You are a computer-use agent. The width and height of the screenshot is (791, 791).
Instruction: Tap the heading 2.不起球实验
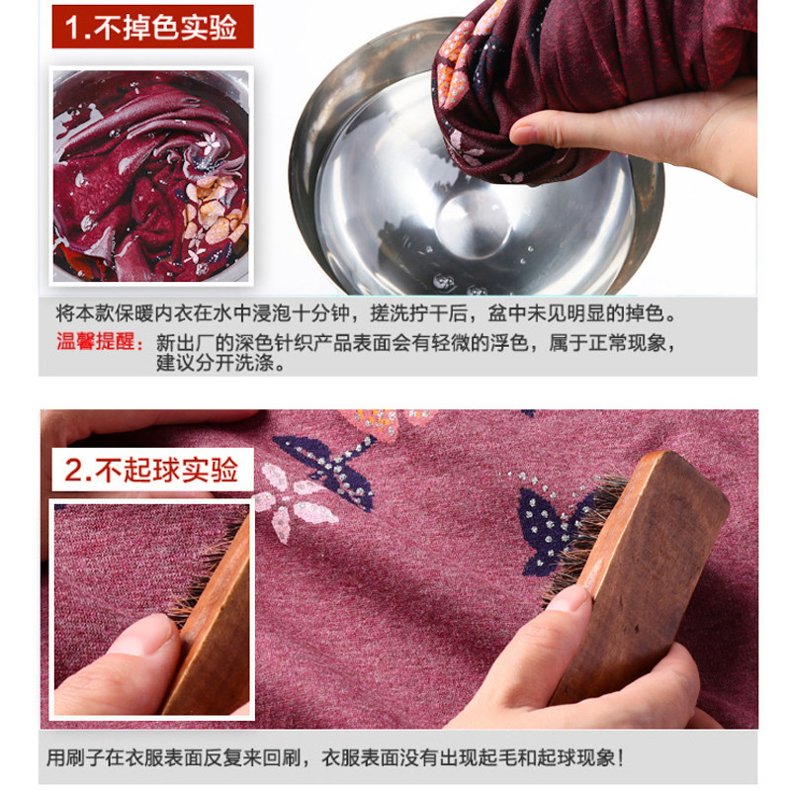(x=152, y=470)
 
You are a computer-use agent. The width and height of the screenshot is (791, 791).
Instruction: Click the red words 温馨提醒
(x=98, y=343)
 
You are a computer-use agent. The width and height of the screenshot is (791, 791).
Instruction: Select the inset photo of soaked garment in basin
(x=151, y=175)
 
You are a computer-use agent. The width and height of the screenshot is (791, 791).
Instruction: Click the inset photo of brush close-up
(x=151, y=608)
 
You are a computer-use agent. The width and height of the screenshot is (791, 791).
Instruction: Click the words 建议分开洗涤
(x=220, y=363)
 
